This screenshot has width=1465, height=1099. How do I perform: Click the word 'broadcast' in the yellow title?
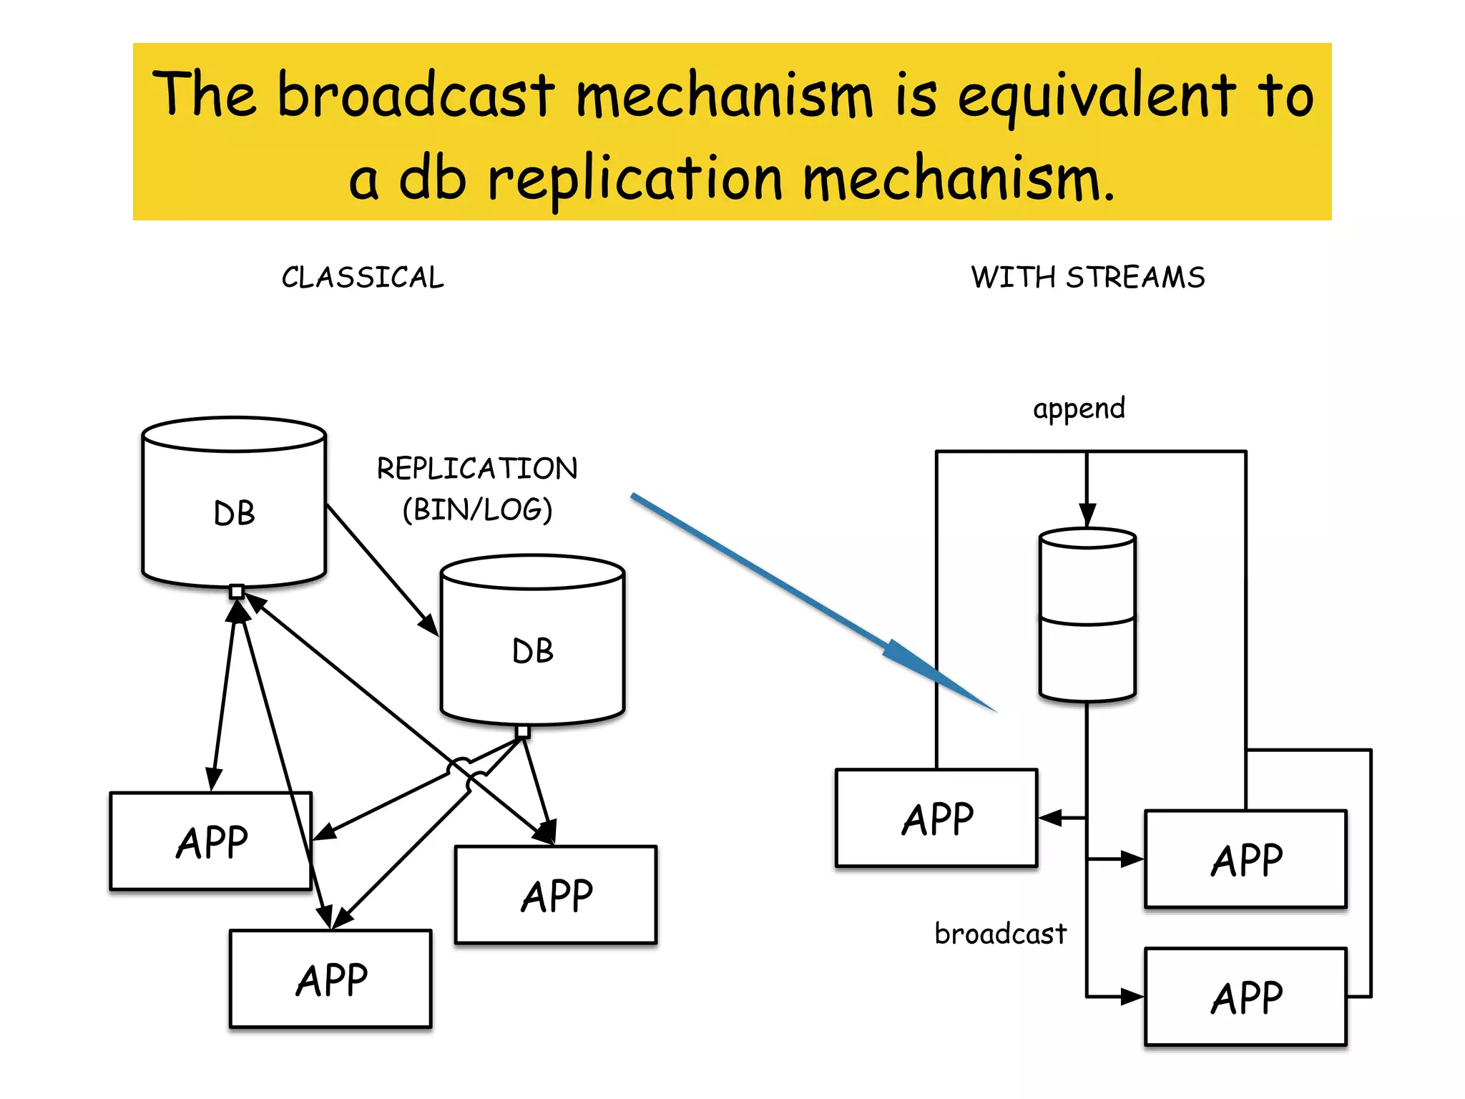(x=416, y=94)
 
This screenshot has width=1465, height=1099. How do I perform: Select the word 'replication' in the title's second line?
(x=634, y=179)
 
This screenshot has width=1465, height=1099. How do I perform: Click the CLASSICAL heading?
(x=363, y=278)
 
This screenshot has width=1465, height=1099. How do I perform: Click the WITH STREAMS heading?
(x=1087, y=278)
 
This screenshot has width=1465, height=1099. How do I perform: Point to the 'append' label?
(x=1079, y=409)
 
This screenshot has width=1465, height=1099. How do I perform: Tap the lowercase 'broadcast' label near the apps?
(x=1000, y=934)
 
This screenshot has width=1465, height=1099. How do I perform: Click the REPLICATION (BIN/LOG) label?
(x=477, y=489)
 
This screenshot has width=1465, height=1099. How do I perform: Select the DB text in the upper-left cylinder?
(x=234, y=514)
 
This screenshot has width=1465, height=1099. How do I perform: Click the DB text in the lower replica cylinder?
(x=533, y=651)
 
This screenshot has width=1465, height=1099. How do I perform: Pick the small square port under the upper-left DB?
(x=237, y=591)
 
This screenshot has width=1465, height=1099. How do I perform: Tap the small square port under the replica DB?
(x=523, y=731)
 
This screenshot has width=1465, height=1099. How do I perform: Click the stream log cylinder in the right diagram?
(x=1087, y=615)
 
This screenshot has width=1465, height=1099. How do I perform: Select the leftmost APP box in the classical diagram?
(x=211, y=841)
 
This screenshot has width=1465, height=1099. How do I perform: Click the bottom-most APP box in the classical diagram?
(x=330, y=979)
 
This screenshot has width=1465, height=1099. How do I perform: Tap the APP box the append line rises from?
(x=936, y=818)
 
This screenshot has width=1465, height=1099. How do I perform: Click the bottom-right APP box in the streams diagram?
(x=1245, y=997)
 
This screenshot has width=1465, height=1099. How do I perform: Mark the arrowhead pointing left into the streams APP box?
(x=1049, y=818)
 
